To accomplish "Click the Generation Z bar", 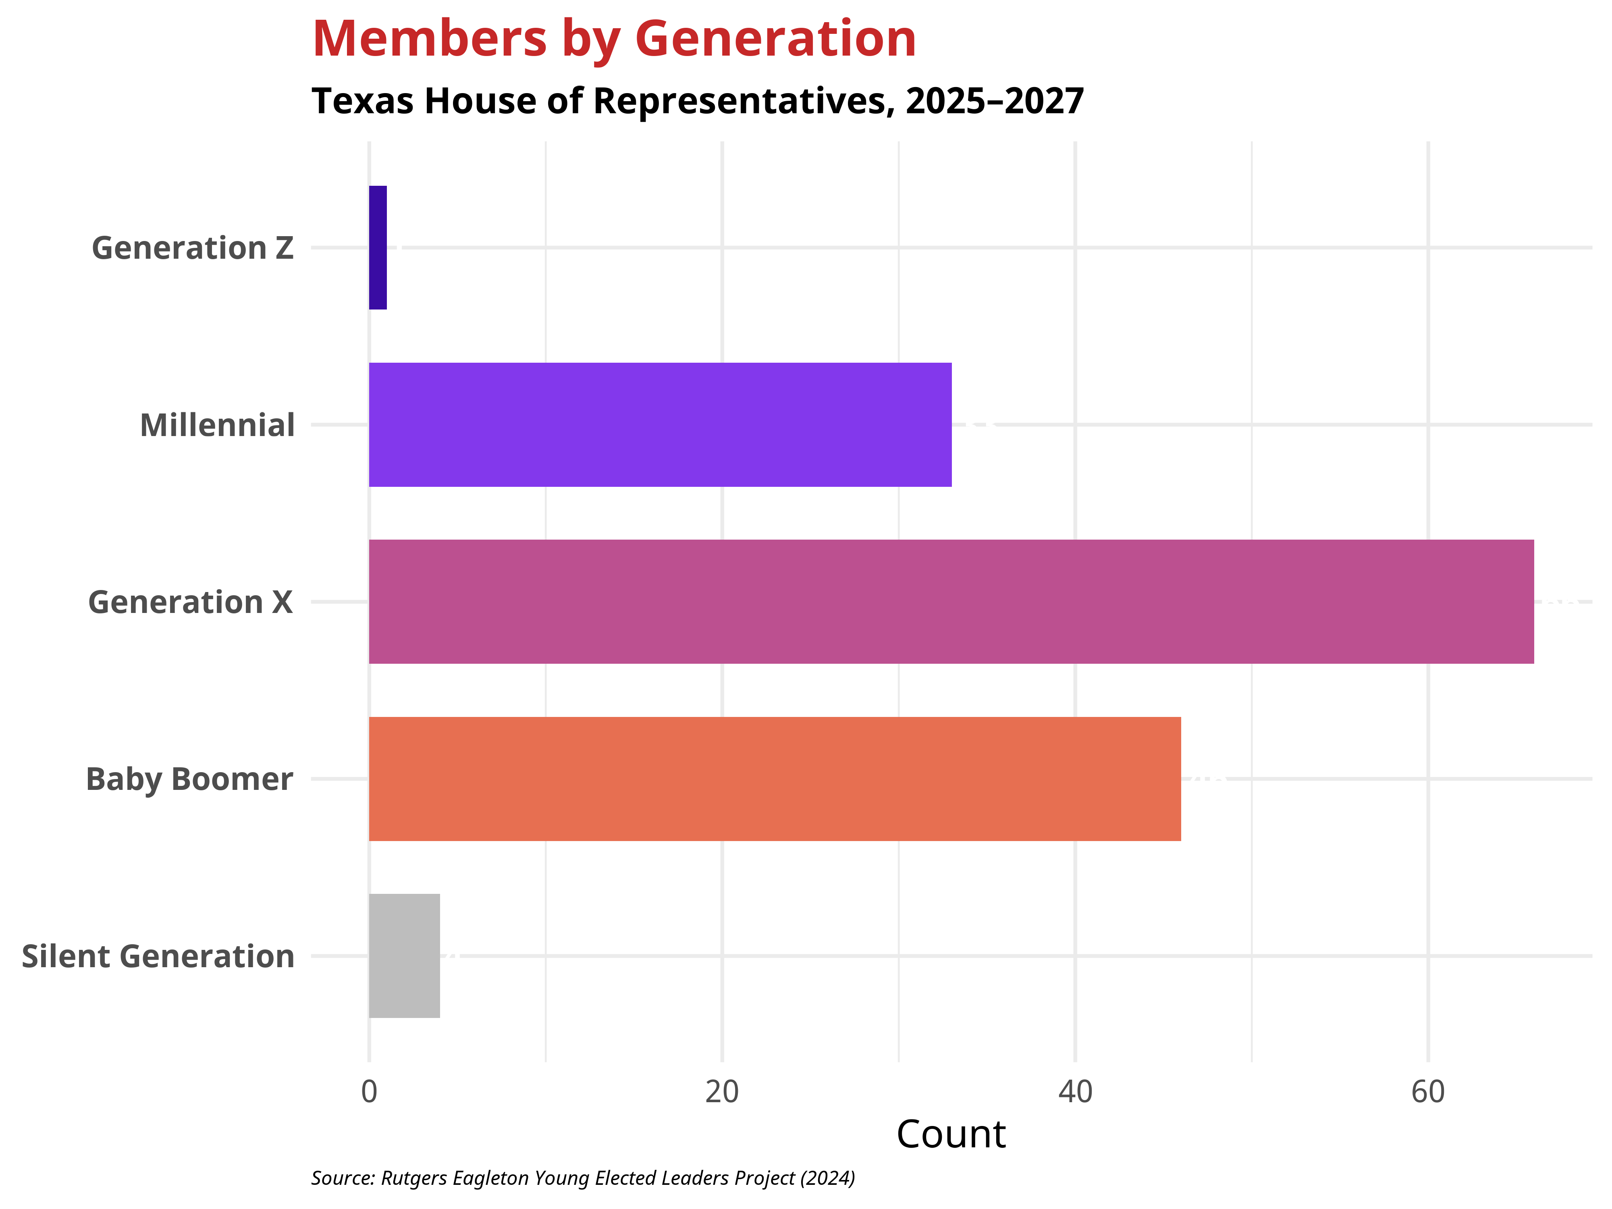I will (x=378, y=248).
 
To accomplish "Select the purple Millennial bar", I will (x=660, y=425).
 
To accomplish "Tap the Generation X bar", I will (x=951, y=602).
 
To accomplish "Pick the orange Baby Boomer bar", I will (x=775, y=779).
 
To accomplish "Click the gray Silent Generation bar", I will (x=405, y=956).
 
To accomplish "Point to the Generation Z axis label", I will (x=192, y=249).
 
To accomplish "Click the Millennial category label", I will (x=217, y=426).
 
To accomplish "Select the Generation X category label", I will (x=190, y=602).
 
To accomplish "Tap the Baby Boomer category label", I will (x=189, y=780).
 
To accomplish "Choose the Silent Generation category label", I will (x=158, y=957).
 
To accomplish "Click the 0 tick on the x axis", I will (x=370, y=1092).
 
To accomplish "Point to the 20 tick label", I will (x=722, y=1092).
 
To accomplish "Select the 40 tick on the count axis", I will (x=1075, y=1092).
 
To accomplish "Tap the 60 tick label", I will (x=1427, y=1092).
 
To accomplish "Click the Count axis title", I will (x=951, y=1135).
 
